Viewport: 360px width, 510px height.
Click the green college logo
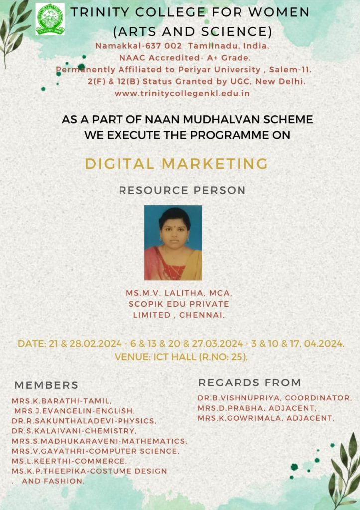point(50,19)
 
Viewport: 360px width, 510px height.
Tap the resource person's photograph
point(173,243)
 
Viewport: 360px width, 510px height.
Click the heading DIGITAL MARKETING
point(176,163)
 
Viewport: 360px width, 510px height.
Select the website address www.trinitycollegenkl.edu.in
point(182,93)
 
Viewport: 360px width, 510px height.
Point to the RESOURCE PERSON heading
point(182,190)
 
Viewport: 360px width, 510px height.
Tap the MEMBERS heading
point(46,385)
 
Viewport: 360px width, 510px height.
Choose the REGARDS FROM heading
point(249,382)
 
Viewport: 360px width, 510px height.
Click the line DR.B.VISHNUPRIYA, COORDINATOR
point(274,398)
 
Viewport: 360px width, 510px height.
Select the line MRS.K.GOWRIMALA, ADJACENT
point(265,418)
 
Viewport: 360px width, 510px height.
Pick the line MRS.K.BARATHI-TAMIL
point(62,400)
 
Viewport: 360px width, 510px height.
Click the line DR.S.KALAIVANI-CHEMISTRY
point(73,431)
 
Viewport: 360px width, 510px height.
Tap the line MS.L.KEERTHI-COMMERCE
point(69,461)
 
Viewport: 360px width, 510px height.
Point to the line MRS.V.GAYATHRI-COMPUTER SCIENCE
point(95,451)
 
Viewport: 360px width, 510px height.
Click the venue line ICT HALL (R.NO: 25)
point(181,357)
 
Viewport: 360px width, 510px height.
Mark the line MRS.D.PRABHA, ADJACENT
point(257,408)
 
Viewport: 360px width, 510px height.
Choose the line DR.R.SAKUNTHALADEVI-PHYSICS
point(84,421)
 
